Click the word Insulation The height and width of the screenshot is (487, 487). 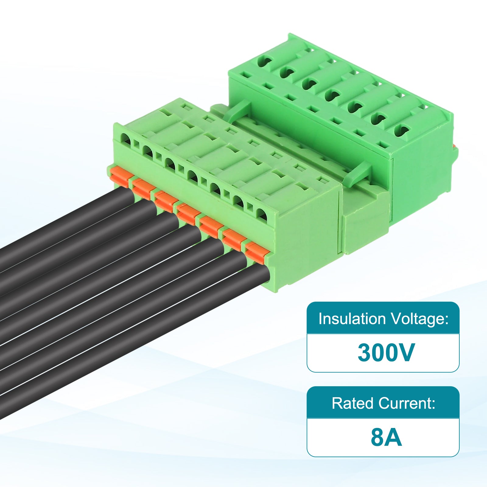point(352,319)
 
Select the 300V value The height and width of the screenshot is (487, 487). point(386,352)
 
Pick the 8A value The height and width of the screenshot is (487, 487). point(386,437)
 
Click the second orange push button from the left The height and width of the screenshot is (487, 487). point(144,188)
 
